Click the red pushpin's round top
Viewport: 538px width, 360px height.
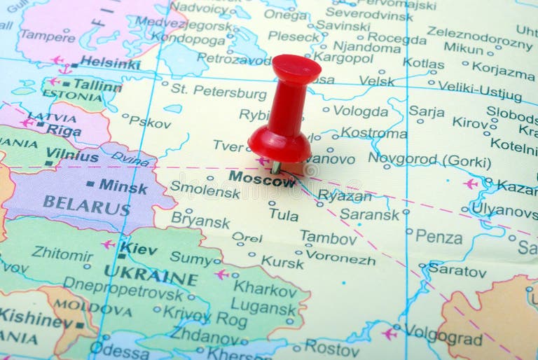296,69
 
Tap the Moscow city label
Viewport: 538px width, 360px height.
262,179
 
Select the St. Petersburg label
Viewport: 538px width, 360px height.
219,91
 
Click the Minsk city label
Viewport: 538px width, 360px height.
123,186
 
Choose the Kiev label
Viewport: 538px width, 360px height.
138,247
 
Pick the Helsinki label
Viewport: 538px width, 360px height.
110,62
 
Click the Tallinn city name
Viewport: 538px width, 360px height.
97,84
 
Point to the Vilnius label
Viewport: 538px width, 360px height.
72,156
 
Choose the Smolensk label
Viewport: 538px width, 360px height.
205,188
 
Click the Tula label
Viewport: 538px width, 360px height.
283,215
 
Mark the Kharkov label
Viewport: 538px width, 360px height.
265,288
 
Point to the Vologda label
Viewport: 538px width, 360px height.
360,111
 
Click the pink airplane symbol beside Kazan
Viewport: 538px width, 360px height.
471,184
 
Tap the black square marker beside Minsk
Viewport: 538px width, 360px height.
90,184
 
